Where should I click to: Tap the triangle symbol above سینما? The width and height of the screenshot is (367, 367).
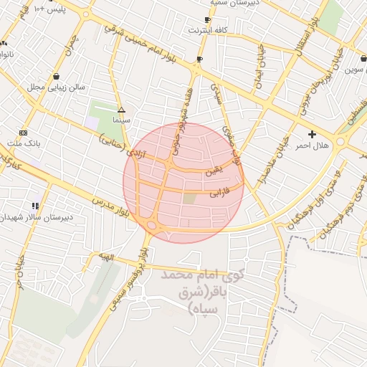tap(121, 110)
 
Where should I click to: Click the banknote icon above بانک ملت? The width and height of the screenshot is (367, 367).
tap(23, 133)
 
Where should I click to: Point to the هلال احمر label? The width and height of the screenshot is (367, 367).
tap(312, 146)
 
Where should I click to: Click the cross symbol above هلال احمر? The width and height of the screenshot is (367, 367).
tap(312, 134)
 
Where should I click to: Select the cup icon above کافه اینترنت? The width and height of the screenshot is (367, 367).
tap(207, 20)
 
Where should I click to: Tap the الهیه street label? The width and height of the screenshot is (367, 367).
tap(108, 257)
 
